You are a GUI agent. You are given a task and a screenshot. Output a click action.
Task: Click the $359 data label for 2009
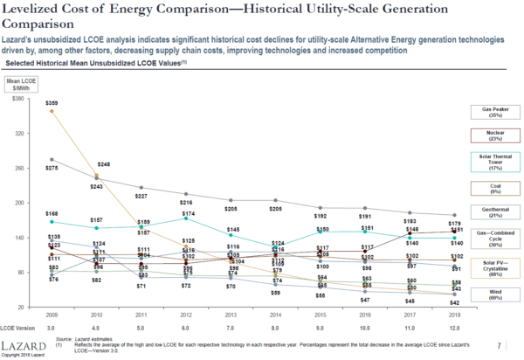click(x=52, y=104)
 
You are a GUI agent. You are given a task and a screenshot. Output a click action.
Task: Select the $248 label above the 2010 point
click(x=103, y=164)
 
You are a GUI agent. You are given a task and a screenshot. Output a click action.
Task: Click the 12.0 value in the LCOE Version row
click(x=456, y=327)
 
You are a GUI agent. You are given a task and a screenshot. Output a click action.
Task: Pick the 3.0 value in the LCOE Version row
click(x=53, y=327)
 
